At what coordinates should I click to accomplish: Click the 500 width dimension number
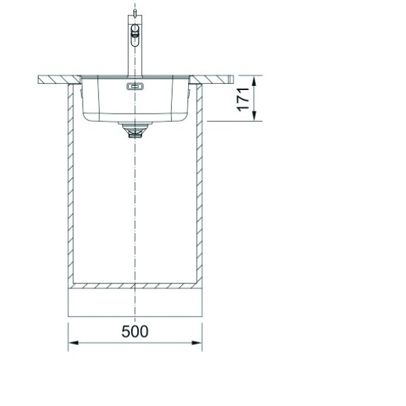coord(135,332)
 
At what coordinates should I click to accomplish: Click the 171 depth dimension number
coord(244,99)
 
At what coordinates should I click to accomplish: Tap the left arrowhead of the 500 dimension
coord(73,343)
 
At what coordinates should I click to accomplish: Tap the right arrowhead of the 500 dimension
coord(197,343)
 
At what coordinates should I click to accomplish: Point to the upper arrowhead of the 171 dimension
coord(254,81)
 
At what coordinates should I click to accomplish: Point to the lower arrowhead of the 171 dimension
coord(254,116)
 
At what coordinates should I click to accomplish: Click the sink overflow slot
coord(135,87)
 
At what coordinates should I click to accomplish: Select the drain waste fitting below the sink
coord(135,130)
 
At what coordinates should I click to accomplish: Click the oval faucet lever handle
coord(135,35)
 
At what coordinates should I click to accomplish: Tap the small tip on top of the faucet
coord(135,12)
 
